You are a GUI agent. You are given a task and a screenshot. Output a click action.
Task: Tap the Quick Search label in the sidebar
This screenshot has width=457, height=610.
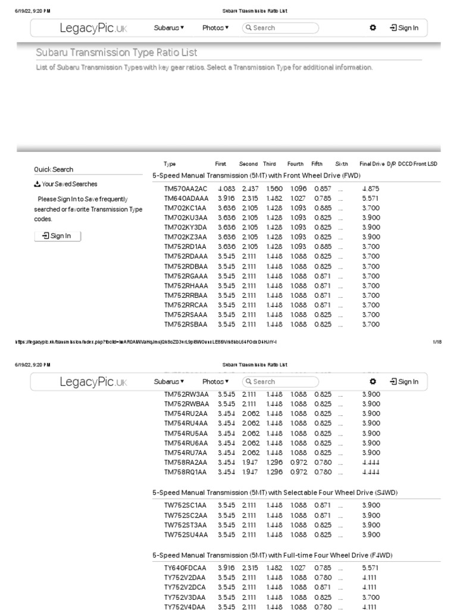pos(54,169)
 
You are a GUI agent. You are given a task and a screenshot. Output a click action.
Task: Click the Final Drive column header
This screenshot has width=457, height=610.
pos(372,164)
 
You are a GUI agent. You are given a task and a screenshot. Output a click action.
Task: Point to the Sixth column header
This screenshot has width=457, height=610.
pos(342,164)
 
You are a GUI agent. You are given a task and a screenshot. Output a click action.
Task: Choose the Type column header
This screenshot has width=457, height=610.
pos(170,164)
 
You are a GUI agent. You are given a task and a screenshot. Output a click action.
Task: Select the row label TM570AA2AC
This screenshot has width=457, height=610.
pos(186,189)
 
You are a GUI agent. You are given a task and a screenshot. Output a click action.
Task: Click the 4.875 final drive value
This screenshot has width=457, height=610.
pos(370,189)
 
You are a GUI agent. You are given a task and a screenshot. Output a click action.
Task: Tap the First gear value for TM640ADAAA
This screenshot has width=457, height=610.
pos(226,198)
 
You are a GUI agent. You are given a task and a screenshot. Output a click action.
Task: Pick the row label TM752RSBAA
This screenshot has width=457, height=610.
pos(186,325)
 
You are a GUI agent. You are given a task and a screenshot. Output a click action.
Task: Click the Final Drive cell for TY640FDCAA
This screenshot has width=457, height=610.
pos(370,568)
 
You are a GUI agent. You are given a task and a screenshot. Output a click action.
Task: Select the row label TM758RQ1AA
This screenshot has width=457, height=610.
pos(185,472)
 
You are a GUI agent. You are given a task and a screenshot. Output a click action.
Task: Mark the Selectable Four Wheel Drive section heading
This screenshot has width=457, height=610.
pos(275,493)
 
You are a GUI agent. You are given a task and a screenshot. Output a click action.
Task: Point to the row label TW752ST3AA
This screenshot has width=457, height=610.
pos(186,525)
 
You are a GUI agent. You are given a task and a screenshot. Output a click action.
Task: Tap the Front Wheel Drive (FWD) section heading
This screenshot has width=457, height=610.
pos(256,176)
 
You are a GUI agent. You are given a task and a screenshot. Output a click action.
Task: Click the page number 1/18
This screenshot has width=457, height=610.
pos(437,342)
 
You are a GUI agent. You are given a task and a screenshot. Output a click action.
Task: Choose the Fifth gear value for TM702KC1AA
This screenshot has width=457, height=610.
pos(323,208)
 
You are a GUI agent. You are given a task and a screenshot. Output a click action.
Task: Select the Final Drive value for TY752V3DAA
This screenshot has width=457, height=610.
pos(370,597)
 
